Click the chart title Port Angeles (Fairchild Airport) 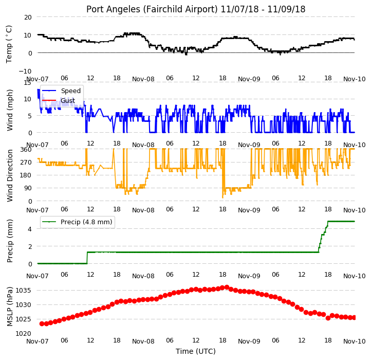[152, 9]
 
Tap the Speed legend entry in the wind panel [61, 91]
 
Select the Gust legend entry [59, 101]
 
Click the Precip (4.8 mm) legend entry [77, 222]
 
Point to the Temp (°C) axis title [9, 44]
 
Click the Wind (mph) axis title [9, 110]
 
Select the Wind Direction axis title [9, 175]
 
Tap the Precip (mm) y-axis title [9, 241]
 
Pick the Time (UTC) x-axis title [196, 351]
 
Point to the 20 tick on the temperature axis [28, 17]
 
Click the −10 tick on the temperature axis [25, 71]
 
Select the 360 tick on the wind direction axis [26, 150]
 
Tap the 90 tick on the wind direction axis [28, 188]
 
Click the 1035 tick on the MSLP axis [24, 291]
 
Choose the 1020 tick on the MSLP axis [24, 334]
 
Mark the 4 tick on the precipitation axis [30, 229]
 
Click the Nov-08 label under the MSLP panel [143, 341]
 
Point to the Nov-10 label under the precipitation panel [355, 276]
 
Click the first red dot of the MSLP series [42, 323]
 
